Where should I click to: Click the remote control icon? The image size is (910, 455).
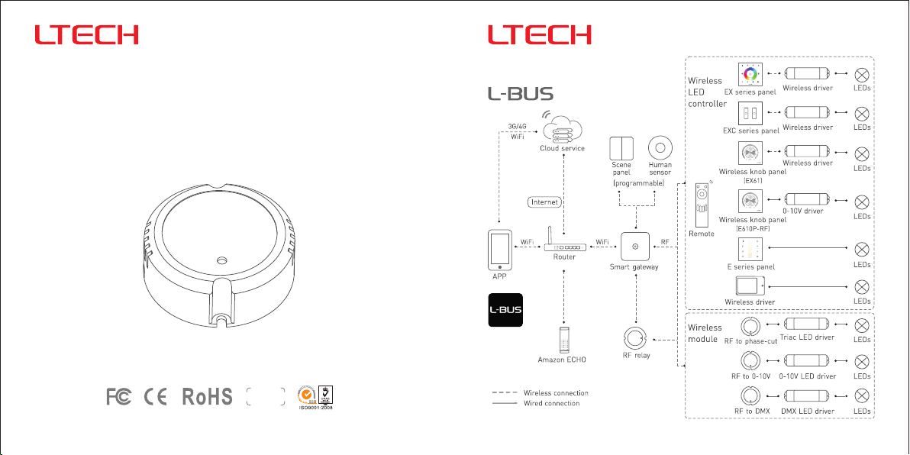point(701,205)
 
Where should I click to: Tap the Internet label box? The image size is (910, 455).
point(545,202)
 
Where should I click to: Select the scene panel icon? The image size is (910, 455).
point(621,147)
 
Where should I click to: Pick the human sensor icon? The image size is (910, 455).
point(660,147)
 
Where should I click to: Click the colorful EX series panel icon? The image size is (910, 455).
point(750,75)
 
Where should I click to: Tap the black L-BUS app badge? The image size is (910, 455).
point(505,310)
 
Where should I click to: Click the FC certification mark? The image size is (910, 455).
point(118,397)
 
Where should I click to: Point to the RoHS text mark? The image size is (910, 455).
point(206,397)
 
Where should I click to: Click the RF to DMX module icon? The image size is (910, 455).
point(750,395)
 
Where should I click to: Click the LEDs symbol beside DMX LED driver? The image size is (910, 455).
point(862,395)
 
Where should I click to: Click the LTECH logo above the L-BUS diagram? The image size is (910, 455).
point(540,35)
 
